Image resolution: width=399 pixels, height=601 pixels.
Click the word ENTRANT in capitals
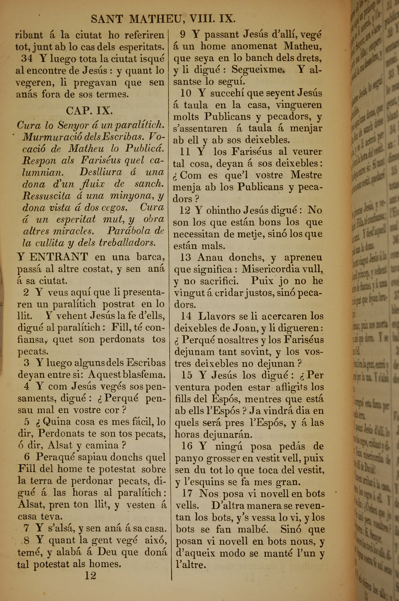click(59, 257)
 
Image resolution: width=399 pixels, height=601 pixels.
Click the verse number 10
click(186, 93)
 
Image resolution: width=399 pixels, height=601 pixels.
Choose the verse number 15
click(187, 375)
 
